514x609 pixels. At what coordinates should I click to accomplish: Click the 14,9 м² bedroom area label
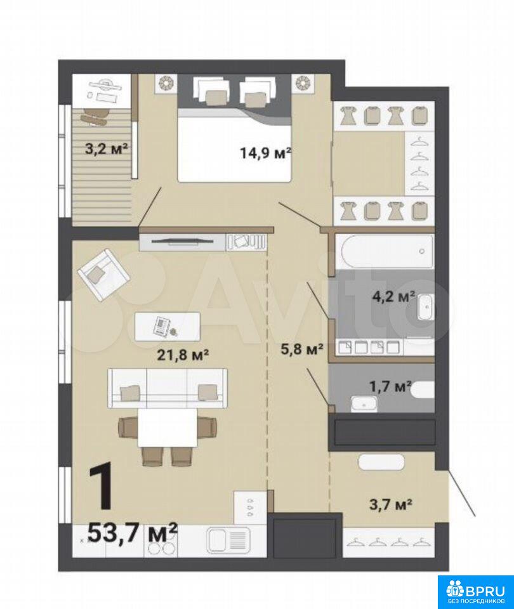point(266,153)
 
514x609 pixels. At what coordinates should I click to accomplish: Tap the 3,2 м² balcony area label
point(107,148)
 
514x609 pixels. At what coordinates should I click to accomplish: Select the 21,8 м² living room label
point(183,355)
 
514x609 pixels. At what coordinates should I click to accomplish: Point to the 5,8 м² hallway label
point(302,350)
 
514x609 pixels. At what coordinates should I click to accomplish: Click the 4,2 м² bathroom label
point(393,296)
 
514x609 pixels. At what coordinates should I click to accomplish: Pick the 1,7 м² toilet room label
point(390,386)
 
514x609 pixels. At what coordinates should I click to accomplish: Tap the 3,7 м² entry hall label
point(390,504)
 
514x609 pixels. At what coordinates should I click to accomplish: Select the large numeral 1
point(102,487)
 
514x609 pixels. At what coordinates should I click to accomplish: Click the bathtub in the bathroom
point(387,251)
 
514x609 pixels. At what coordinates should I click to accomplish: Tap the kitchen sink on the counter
point(228,539)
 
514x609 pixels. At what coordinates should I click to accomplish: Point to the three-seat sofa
point(168,388)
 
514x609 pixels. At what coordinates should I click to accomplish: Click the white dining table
point(168,428)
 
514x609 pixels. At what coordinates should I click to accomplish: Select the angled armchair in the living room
point(103,274)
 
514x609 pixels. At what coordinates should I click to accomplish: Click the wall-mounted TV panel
point(183,242)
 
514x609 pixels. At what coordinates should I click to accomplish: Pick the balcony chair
point(95,115)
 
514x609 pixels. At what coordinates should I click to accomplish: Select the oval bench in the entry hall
point(381,462)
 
